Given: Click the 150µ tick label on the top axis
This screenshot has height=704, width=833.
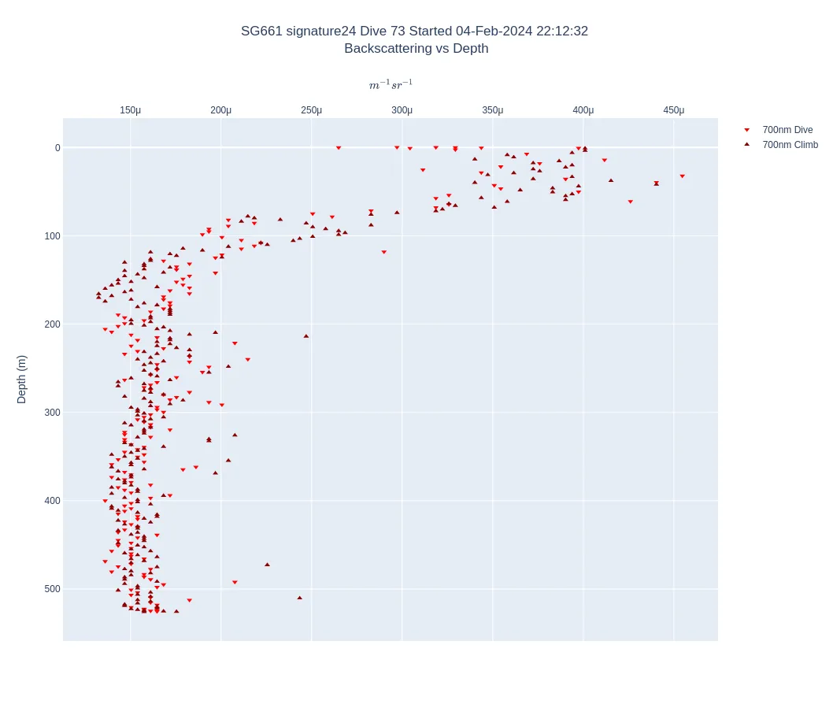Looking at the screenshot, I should pyautogui.click(x=130, y=110).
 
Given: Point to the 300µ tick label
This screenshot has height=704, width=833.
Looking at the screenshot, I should pyautogui.click(x=402, y=110).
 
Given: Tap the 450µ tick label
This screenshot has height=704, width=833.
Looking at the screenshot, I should pyautogui.click(x=673, y=110).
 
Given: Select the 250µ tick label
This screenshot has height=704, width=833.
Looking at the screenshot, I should pyautogui.click(x=311, y=110).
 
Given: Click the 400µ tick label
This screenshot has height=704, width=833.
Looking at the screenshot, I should pyautogui.click(x=583, y=110).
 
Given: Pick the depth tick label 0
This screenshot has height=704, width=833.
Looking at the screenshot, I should pyautogui.click(x=57, y=148).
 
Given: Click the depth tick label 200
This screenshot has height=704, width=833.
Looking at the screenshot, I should pyautogui.click(x=52, y=324).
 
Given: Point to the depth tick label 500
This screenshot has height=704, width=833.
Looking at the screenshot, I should pyautogui.click(x=52, y=589).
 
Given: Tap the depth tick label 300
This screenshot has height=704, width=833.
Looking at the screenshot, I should pyautogui.click(x=52, y=413).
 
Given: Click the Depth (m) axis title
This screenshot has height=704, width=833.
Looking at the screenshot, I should pyautogui.click(x=21, y=379).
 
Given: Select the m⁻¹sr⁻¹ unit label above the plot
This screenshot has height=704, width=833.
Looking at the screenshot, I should pyautogui.click(x=391, y=85).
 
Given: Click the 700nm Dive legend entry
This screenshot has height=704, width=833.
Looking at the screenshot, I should pyautogui.click(x=787, y=130).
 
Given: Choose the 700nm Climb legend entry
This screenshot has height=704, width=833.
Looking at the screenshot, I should pyautogui.click(x=790, y=145).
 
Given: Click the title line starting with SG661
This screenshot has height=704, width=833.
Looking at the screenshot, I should pyautogui.click(x=414, y=31).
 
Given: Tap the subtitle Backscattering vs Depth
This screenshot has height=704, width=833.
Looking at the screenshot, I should pyautogui.click(x=416, y=49).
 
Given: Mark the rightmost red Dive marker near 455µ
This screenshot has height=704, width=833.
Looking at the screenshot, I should pyautogui.click(x=682, y=176).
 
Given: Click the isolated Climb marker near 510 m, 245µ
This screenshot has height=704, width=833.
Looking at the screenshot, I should pyautogui.click(x=299, y=598).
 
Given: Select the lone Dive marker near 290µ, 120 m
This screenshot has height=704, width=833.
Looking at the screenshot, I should pyautogui.click(x=383, y=252).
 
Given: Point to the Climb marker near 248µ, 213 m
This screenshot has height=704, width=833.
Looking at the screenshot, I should pyautogui.click(x=306, y=335).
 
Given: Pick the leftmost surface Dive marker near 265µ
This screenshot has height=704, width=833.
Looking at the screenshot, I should pyautogui.click(x=339, y=148).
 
